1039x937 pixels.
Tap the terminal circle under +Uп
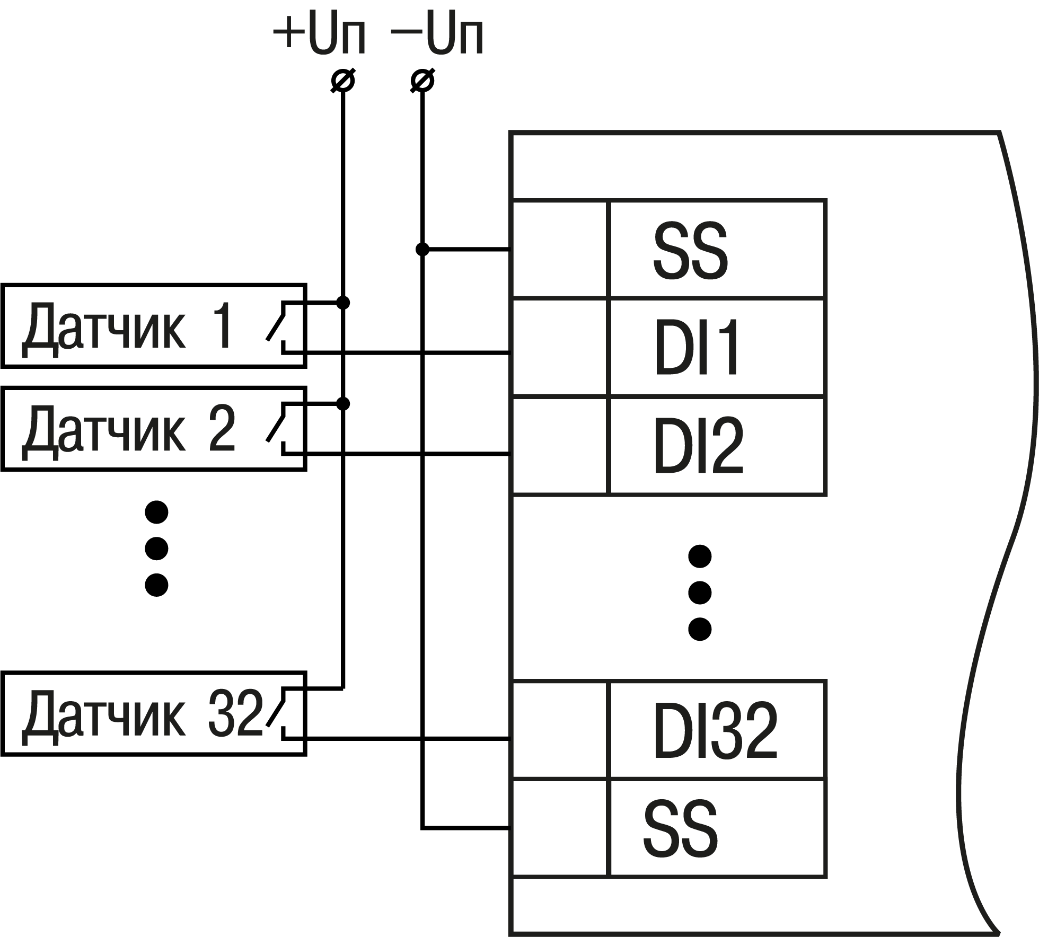tap(343, 81)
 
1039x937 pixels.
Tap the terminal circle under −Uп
tap(422, 81)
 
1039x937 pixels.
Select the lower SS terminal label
tap(681, 828)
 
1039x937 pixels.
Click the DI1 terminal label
tap(697, 348)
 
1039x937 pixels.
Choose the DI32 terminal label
tap(715, 731)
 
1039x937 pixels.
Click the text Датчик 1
tap(127, 326)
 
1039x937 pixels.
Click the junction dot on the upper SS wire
tap(422, 249)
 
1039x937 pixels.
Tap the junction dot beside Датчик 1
tap(343, 303)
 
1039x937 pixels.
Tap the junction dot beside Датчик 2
tap(343, 404)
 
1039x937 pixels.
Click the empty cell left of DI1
tap(560, 348)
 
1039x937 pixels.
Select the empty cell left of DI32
tap(560, 730)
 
